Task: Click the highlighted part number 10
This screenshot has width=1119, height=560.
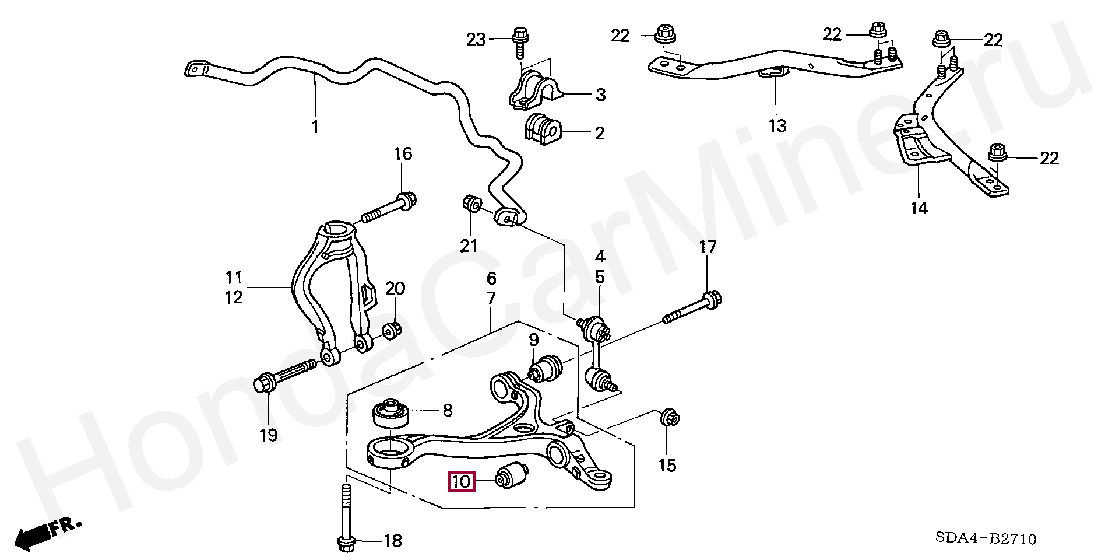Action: (x=461, y=481)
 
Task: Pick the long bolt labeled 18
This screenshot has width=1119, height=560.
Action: (x=345, y=516)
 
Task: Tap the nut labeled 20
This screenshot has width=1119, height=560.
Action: (x=390, y=330)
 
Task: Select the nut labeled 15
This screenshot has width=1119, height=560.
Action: (x=671, y=418)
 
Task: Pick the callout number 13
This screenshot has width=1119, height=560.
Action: (x=777, y=125)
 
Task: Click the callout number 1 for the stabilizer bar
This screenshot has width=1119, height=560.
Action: (x=315, y=126)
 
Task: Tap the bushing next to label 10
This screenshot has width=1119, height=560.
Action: (x=512, y=474)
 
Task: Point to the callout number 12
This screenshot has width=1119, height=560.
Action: (x=234, y=297)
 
